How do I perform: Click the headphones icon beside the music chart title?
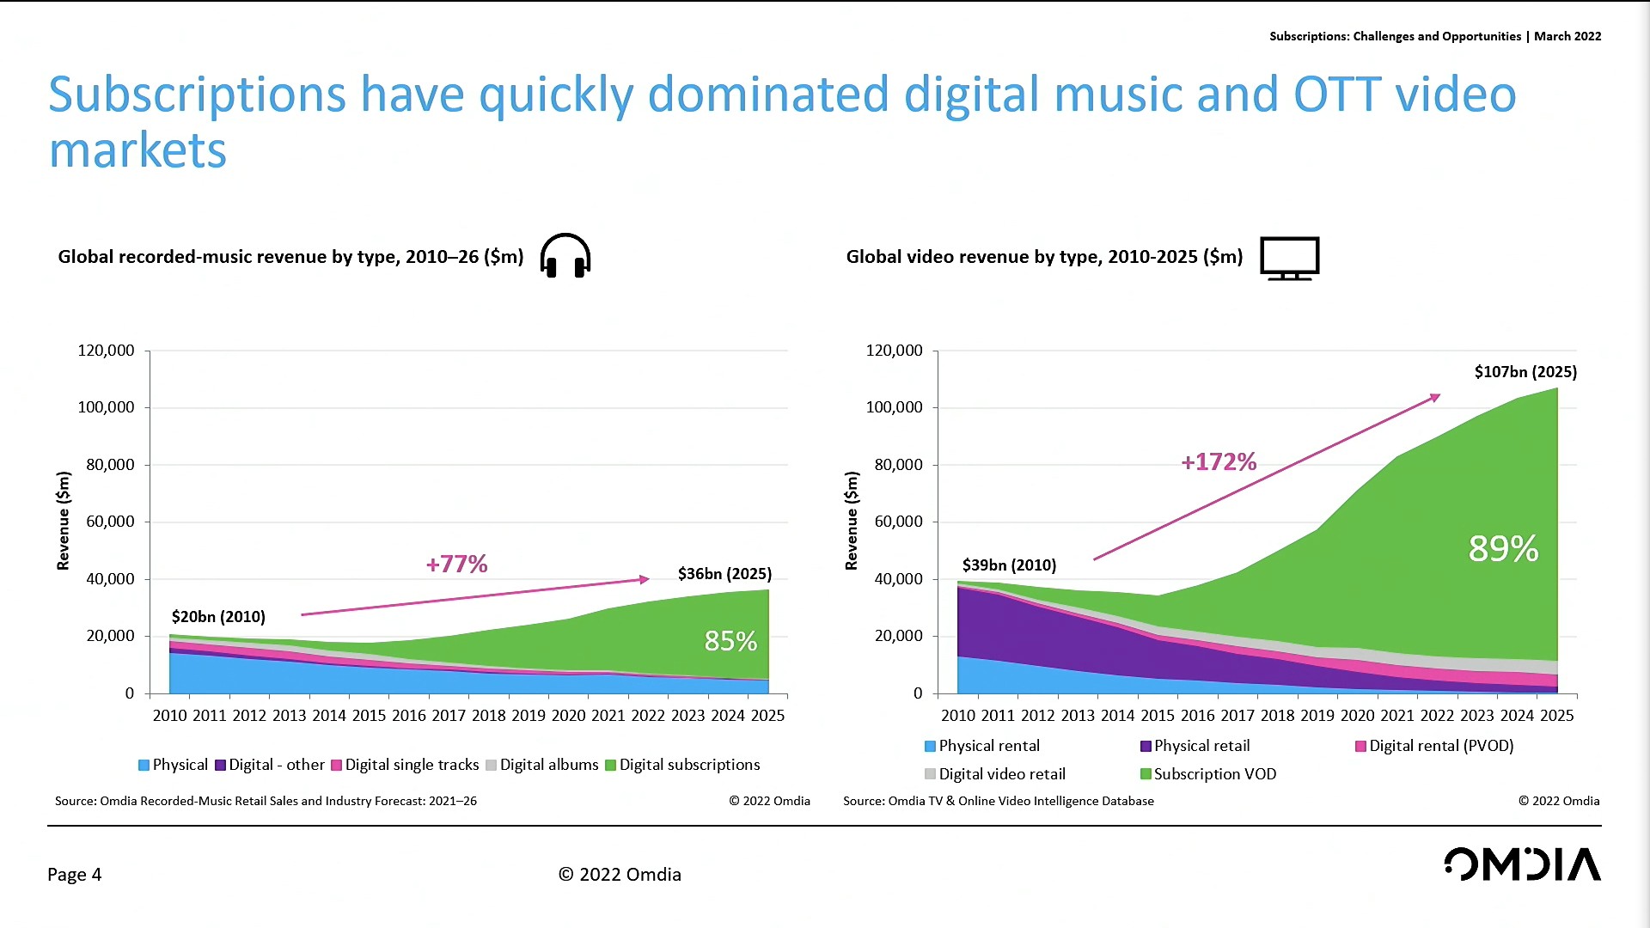(x=565, y=256)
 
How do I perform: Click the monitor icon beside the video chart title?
(x=1289, y=258)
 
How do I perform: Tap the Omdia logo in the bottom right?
(x=1522, y=864)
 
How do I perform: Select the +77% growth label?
(x=456, y=565)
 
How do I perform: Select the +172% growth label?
(x=1219, y=462)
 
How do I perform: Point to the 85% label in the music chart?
(x=730, y=641)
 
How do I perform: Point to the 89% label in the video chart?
(x=1503, y=549)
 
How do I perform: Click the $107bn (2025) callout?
(x=1525, y=372)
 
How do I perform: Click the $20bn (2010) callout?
(x=218, y=617)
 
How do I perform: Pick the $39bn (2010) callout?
(x=1009, y=565)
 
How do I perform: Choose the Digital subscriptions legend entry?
(x=682, y=765)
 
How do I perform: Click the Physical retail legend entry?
(x=1195, y=746)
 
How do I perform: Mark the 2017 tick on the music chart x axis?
(x=449, y=716)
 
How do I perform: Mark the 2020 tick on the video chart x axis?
(x=1357, y=716)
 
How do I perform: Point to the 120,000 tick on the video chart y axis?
(x=894, y=351)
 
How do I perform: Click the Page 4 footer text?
(x=75, y=875)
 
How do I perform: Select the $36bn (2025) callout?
(x=724, y=574)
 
